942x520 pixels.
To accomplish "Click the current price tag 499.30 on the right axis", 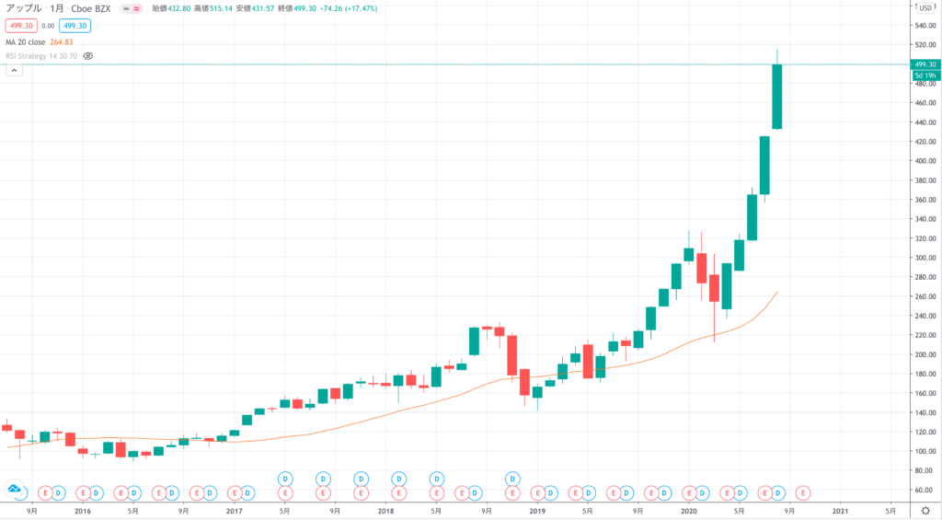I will point(924,64).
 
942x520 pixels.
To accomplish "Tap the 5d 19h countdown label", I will point(924,75).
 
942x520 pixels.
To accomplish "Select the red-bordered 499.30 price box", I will point(20,26).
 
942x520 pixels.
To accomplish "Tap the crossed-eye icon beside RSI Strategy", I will point(89,56).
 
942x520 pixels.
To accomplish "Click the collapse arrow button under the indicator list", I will point(14,70).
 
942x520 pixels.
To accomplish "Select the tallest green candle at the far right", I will point(777,97).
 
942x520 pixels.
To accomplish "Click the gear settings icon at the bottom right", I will point(925,509).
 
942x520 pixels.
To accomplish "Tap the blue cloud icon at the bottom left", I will point(15,489).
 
